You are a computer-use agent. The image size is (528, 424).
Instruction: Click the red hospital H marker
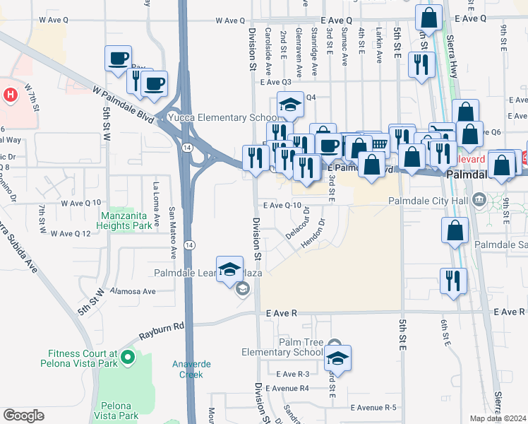11,94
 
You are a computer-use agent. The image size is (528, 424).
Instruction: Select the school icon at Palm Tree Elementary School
337,358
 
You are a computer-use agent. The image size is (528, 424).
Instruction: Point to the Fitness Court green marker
127,358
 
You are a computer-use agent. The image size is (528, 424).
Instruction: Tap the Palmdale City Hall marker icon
479,201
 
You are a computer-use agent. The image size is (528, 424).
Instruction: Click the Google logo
23,416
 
